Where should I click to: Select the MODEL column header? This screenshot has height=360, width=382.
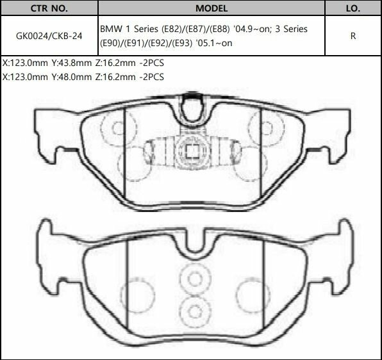click(211, 10)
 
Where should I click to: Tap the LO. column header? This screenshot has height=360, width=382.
click(353, 10)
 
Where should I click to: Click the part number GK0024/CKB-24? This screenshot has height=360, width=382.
click(48, 36)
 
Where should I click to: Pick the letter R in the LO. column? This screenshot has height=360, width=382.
click(353, 36)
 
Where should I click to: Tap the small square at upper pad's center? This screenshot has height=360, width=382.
click(190, 152)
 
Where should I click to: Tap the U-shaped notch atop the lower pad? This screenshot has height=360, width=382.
click(190, 243)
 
